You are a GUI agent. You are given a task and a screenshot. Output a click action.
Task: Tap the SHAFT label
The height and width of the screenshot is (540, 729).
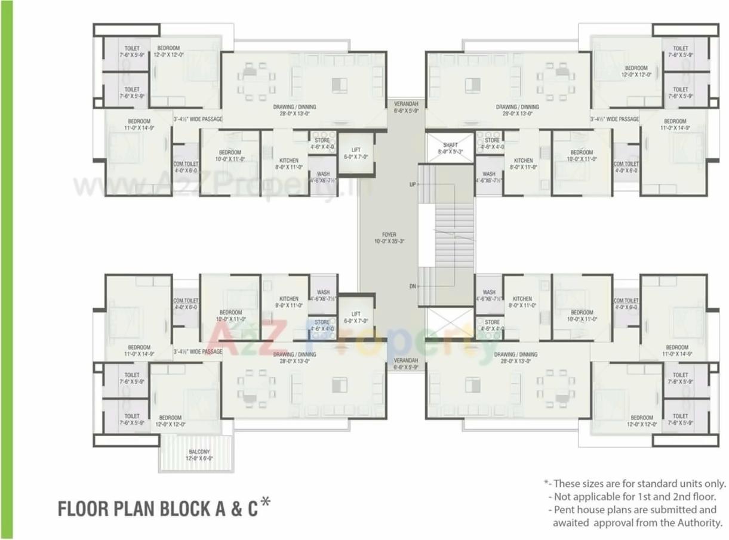click(450, 145)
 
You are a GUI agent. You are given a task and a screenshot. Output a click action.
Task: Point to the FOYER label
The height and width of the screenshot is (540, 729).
click(389, 235)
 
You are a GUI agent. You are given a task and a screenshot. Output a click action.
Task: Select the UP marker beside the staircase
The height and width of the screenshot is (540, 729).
click(412, 185)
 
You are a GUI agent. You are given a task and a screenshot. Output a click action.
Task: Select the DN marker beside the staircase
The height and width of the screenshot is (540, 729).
click(412, 286)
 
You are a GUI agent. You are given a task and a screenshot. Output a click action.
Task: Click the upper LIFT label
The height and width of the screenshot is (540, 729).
click(356, 150)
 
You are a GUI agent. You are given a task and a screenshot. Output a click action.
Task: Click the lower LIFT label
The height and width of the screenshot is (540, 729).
click(356, 314)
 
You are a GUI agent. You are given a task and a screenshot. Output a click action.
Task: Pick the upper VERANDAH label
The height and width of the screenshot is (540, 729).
click(406, 104)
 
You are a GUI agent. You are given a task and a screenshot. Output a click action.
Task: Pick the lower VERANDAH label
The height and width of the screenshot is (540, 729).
click(406, 361)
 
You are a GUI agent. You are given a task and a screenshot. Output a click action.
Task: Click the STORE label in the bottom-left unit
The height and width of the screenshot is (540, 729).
click(322, 322)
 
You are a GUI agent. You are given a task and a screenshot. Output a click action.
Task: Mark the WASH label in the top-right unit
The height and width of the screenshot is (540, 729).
click(489, 174)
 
